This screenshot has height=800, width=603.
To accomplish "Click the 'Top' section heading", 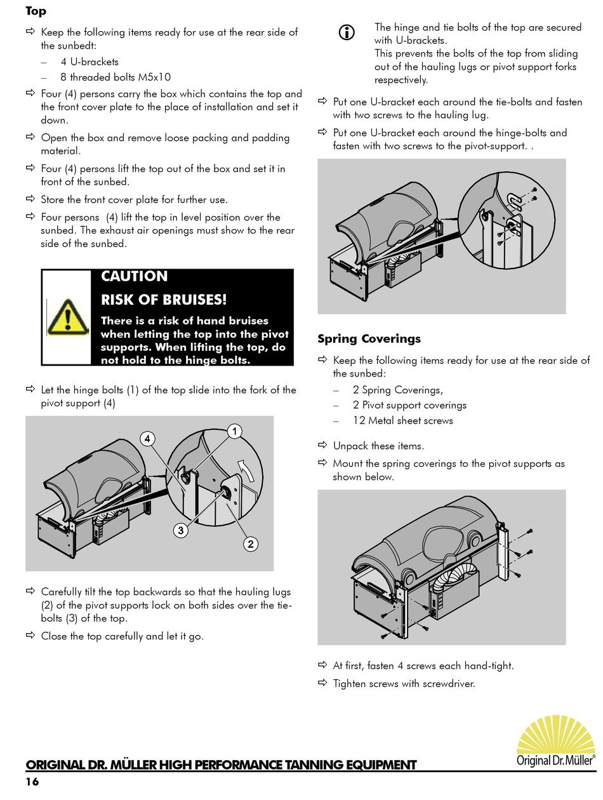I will point(36,11).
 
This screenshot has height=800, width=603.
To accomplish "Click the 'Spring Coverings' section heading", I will point(369,339).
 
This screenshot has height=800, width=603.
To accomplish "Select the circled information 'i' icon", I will point(347,32).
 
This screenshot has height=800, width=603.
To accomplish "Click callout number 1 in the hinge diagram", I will point(234,432).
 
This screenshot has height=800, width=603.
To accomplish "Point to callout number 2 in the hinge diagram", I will point(250,543).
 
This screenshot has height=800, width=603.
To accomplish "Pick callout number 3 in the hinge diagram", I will point(181,531).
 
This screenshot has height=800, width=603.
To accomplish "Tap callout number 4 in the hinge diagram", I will point(147,439).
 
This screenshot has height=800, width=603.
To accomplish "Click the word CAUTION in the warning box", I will point(134,277).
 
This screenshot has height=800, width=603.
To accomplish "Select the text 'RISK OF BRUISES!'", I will point(163,300).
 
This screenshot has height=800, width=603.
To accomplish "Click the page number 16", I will point(32,782).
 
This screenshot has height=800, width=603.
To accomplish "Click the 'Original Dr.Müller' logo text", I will point(555,760).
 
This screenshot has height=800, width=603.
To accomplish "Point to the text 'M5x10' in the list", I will point(155,77).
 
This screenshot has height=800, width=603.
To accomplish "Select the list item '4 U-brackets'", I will point(89,62).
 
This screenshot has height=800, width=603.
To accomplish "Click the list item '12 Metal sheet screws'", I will point(402,420).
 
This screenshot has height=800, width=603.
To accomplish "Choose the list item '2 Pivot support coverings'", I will point(409,405).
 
